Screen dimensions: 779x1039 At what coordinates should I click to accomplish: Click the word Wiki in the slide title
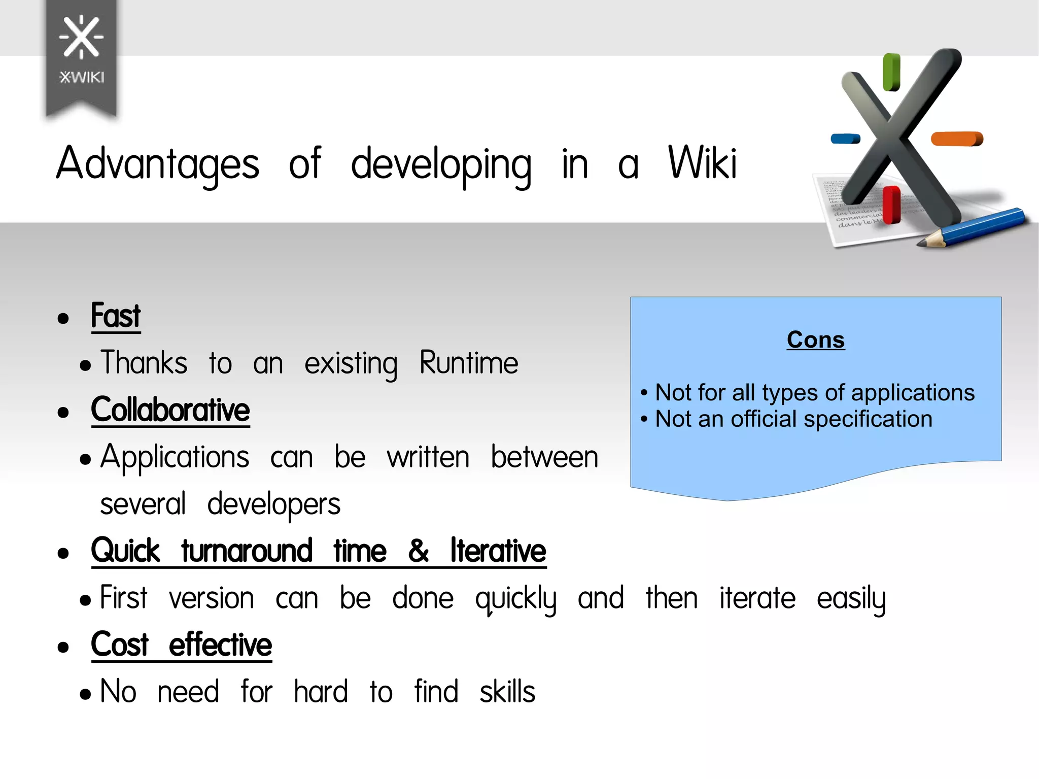702,163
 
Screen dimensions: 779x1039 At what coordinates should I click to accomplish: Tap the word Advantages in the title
158,163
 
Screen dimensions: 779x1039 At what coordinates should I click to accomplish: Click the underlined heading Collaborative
170,410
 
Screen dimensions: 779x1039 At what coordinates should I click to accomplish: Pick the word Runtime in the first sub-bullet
469,363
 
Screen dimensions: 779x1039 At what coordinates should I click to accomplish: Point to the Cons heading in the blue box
815,340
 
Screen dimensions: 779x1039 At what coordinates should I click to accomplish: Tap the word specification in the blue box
868,419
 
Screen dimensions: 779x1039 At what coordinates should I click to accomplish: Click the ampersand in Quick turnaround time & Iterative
419,551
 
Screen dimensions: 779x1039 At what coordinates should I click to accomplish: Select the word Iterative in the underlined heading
498,551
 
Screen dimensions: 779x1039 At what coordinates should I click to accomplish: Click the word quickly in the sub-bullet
515,599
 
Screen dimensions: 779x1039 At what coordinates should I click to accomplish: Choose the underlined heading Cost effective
182,645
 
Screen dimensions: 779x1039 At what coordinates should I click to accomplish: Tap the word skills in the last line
507,692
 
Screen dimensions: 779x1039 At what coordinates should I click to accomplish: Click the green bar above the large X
891,73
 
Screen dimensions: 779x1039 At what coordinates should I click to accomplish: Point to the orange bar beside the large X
957,139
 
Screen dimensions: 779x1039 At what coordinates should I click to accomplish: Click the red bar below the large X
891,205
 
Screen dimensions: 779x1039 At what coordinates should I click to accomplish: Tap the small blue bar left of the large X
845,139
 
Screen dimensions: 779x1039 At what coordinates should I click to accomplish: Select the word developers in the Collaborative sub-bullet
274,504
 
